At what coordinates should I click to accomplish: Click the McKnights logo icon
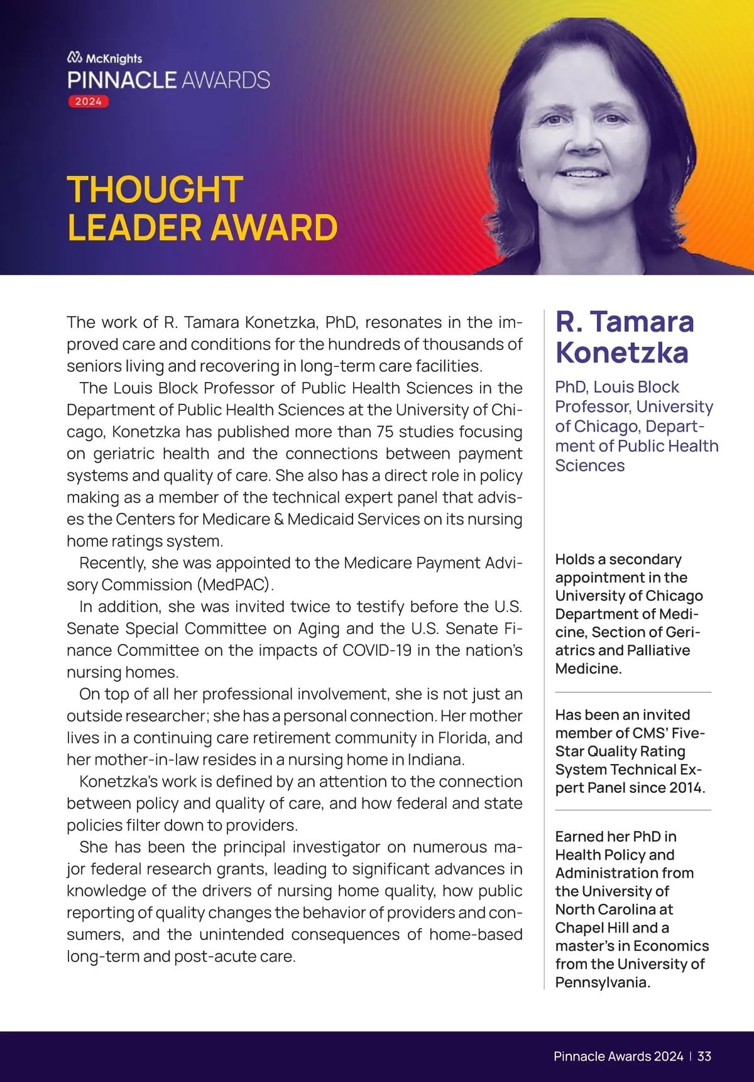point(74,58)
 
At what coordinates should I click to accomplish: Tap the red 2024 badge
point(89,102)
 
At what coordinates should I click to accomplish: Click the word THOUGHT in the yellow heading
point(155,189)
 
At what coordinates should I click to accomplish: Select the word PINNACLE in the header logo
point(122,80)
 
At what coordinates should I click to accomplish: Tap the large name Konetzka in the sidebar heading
point(621,352)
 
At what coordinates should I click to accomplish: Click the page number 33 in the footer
point(704,1056)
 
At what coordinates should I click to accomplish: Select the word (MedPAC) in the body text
point(236,585)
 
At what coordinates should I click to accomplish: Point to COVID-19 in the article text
point(377,650)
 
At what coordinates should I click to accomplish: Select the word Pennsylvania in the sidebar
point(601,983)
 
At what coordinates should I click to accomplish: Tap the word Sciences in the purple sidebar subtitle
point(589,466)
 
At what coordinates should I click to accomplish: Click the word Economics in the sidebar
point(671,946)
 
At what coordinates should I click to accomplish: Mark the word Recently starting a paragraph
point(112,563)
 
